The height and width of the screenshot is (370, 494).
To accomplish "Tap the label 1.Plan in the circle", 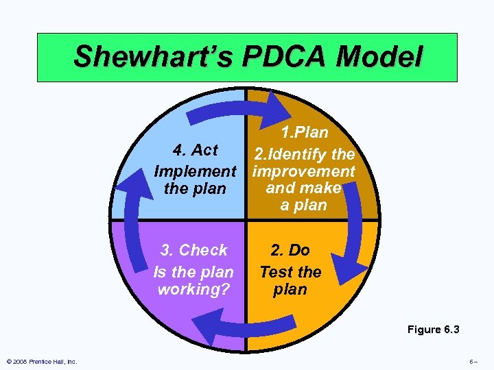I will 304,132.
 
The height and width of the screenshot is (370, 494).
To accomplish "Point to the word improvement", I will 303,171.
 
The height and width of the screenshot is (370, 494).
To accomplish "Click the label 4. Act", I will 195,150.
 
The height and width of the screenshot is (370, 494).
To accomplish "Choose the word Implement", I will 195,171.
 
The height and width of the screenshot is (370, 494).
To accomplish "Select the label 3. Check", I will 193,250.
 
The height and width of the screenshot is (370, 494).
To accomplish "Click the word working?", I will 193,289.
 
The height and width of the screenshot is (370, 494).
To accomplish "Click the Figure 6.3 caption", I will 433,330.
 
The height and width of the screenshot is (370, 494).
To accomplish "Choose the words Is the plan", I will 193,272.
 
